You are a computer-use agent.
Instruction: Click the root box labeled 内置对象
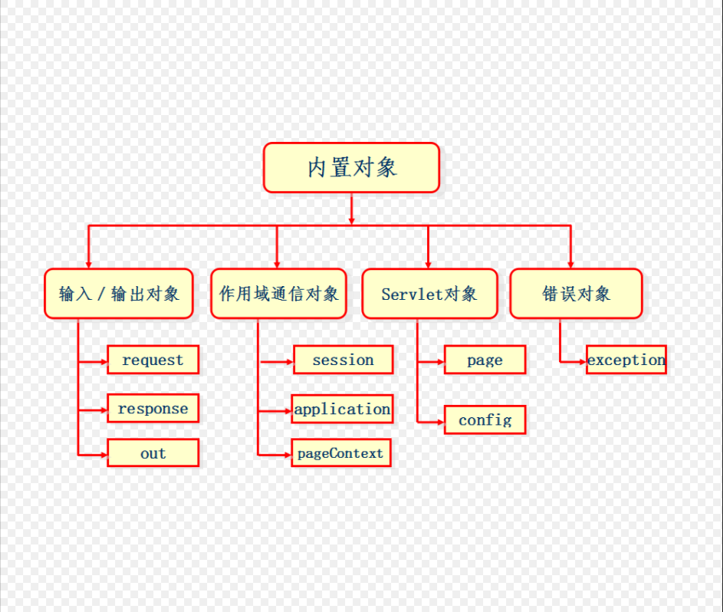point(351,167)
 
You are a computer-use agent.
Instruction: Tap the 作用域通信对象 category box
point(278,294)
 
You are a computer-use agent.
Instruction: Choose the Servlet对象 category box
point(429,294)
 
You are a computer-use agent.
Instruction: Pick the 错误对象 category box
point(576,294)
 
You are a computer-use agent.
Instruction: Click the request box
point(153,360)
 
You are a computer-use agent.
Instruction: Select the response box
point(153,409)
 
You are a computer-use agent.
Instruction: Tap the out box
point(153,453)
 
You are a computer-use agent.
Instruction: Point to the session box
point(343,360)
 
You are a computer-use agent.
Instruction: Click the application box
point(342,410)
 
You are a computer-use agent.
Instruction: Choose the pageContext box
point(340,453)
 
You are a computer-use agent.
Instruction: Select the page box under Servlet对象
point(485,360)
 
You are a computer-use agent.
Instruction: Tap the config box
point(485,420)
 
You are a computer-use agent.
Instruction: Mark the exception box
point(626,360)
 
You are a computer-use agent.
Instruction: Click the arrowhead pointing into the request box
point(104,360)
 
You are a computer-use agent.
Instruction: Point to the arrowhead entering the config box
point(441,421)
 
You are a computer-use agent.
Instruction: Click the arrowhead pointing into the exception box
point(583,360)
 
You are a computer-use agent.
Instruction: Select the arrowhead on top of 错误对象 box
point(570,265)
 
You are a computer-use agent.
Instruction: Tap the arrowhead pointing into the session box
point(290,360)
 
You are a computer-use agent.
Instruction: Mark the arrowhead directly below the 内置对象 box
point(351,221)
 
